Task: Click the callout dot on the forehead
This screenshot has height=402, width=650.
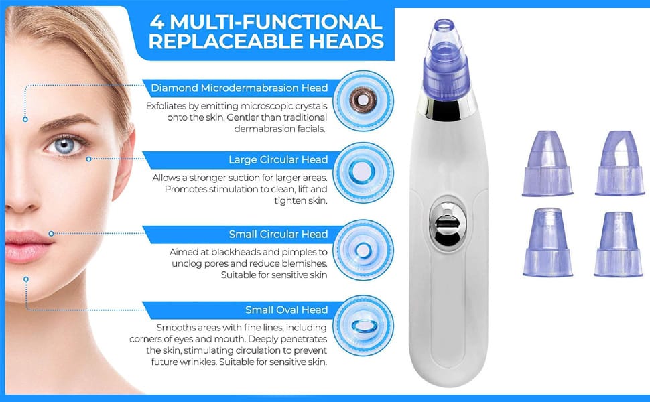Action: coord(25,119)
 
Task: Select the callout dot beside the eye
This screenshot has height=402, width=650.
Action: coord(88,159)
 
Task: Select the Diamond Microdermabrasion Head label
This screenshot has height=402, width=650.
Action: coord(239,88)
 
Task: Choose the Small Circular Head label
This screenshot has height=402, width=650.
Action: coord(278,234)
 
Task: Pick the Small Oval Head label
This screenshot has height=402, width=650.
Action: coord(286,310)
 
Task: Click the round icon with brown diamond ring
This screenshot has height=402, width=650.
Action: coord(363,100)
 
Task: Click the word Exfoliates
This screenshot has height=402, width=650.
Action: coord(168,106)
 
